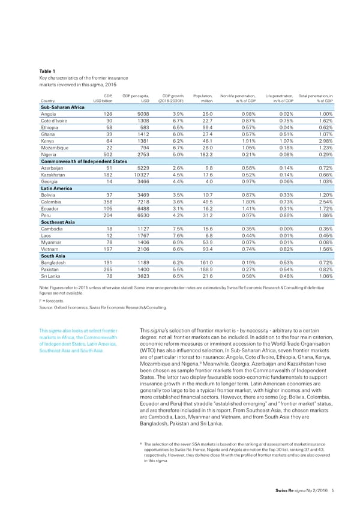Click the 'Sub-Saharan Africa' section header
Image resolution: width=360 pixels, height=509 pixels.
point(63,106)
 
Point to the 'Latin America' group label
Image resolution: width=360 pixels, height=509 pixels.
point(55,188)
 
